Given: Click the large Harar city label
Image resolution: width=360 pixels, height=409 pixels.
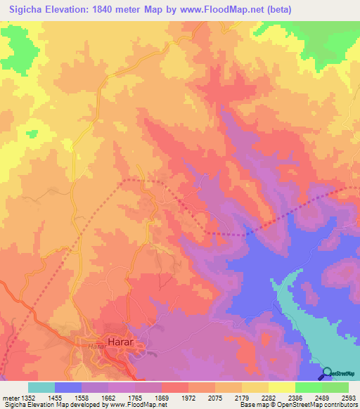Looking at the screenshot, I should click(120, 342).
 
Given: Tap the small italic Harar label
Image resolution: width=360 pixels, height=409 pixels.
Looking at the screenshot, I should click(96, 347).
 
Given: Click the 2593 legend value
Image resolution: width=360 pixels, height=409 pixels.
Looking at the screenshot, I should click(348, 397).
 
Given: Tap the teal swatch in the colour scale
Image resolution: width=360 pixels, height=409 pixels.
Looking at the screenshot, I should click(41, 387).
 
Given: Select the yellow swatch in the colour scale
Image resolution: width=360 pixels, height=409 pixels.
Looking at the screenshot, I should click(281, 387).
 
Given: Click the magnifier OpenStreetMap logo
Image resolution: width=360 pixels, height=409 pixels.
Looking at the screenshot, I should click(328, 373).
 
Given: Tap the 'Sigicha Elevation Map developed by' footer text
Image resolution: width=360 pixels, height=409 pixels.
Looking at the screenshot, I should click(49, 405).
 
